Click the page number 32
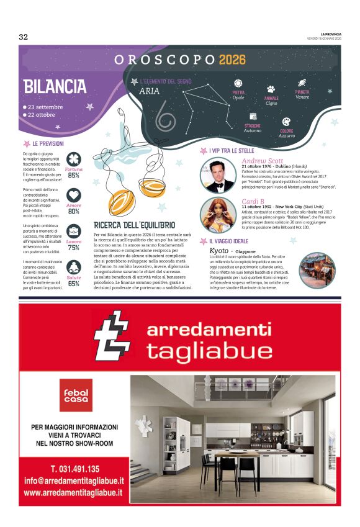pyautogui.click(x=23, y=37)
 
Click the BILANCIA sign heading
pyautogui.click(x=55, y=86)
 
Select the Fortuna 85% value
pyautogui.click(x=74, y=176)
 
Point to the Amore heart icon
pyautogui.click(x=74, y=194)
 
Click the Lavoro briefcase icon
pyautogui.click(x=74, y=232)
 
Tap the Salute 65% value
pyautogui.click(x=74, y=284)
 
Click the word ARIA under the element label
pyautogui.click(x=150, y=91)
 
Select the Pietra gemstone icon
pyautogui.click(x=238, y=83)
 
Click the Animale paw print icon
pyautogui.click(x=271, y=89)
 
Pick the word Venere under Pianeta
pyautogui.click(x=302, y=97)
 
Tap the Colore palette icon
pyautogui.click(x=286, y=122)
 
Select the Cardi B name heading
pyautogui.click(x=253, y=201)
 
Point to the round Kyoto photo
pyautogui.click(x=317, y=269)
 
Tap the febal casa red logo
pyautogui.click(x=76, y=395)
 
